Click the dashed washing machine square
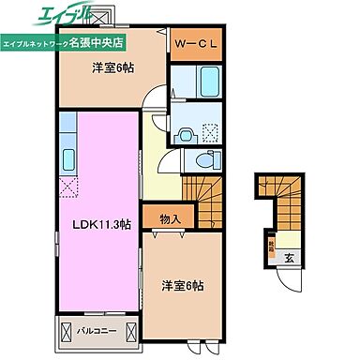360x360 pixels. coord(213,134)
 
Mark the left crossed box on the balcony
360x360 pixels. coord(66,331)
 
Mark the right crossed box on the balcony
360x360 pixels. coord(129,331)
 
